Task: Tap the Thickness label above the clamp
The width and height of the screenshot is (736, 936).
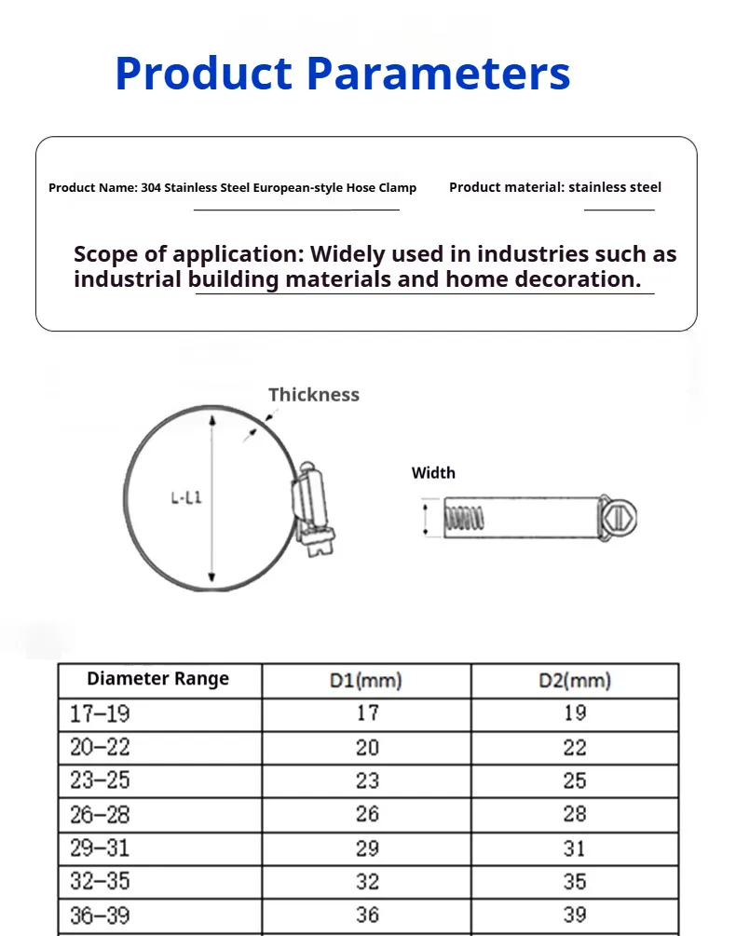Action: (314, 395)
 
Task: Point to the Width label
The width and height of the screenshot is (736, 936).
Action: (433, 473)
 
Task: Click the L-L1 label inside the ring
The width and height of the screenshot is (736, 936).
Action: (185, 498)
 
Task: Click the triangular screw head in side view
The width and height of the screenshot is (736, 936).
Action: (620, 518)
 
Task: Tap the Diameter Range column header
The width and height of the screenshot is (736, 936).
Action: (157, 679)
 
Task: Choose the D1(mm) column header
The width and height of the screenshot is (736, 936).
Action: (366, 681)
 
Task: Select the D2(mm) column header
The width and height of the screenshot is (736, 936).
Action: (575, 681)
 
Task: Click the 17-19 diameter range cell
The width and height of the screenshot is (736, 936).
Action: (100, 714)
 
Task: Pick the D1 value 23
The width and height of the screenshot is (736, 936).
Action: (367, 780)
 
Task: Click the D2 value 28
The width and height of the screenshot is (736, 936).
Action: (575, 814)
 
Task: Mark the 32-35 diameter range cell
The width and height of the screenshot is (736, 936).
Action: (100, 881)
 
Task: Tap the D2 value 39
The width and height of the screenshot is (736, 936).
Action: (575, 915)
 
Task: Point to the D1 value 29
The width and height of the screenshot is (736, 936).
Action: (367, 848)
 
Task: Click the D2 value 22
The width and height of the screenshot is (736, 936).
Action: (575, 747)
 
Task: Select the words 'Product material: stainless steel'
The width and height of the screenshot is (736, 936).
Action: (555, 187)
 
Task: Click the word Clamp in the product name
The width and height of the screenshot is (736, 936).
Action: (398, 188)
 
